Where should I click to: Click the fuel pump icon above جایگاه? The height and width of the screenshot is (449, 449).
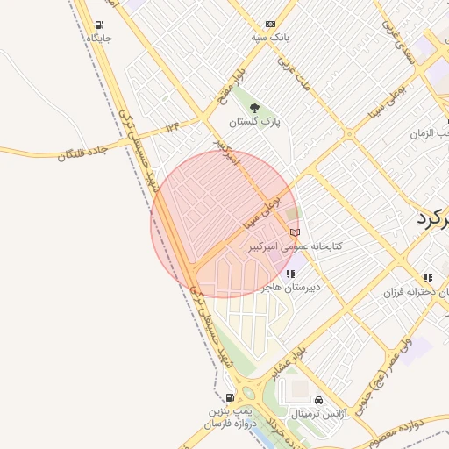[98, 25]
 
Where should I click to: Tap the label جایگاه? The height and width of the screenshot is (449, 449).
[99, 39]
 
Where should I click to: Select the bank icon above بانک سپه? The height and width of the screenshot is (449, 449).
[269, 24]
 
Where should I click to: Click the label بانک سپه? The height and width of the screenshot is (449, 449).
[270, 38]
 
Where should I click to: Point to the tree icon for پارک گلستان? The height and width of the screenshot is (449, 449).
[254, 108]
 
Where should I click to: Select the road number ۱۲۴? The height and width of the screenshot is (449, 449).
[172, 127]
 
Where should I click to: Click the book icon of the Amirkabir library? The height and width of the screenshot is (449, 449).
[295, 232]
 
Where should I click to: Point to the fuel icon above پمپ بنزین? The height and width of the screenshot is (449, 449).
[230, 396]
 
